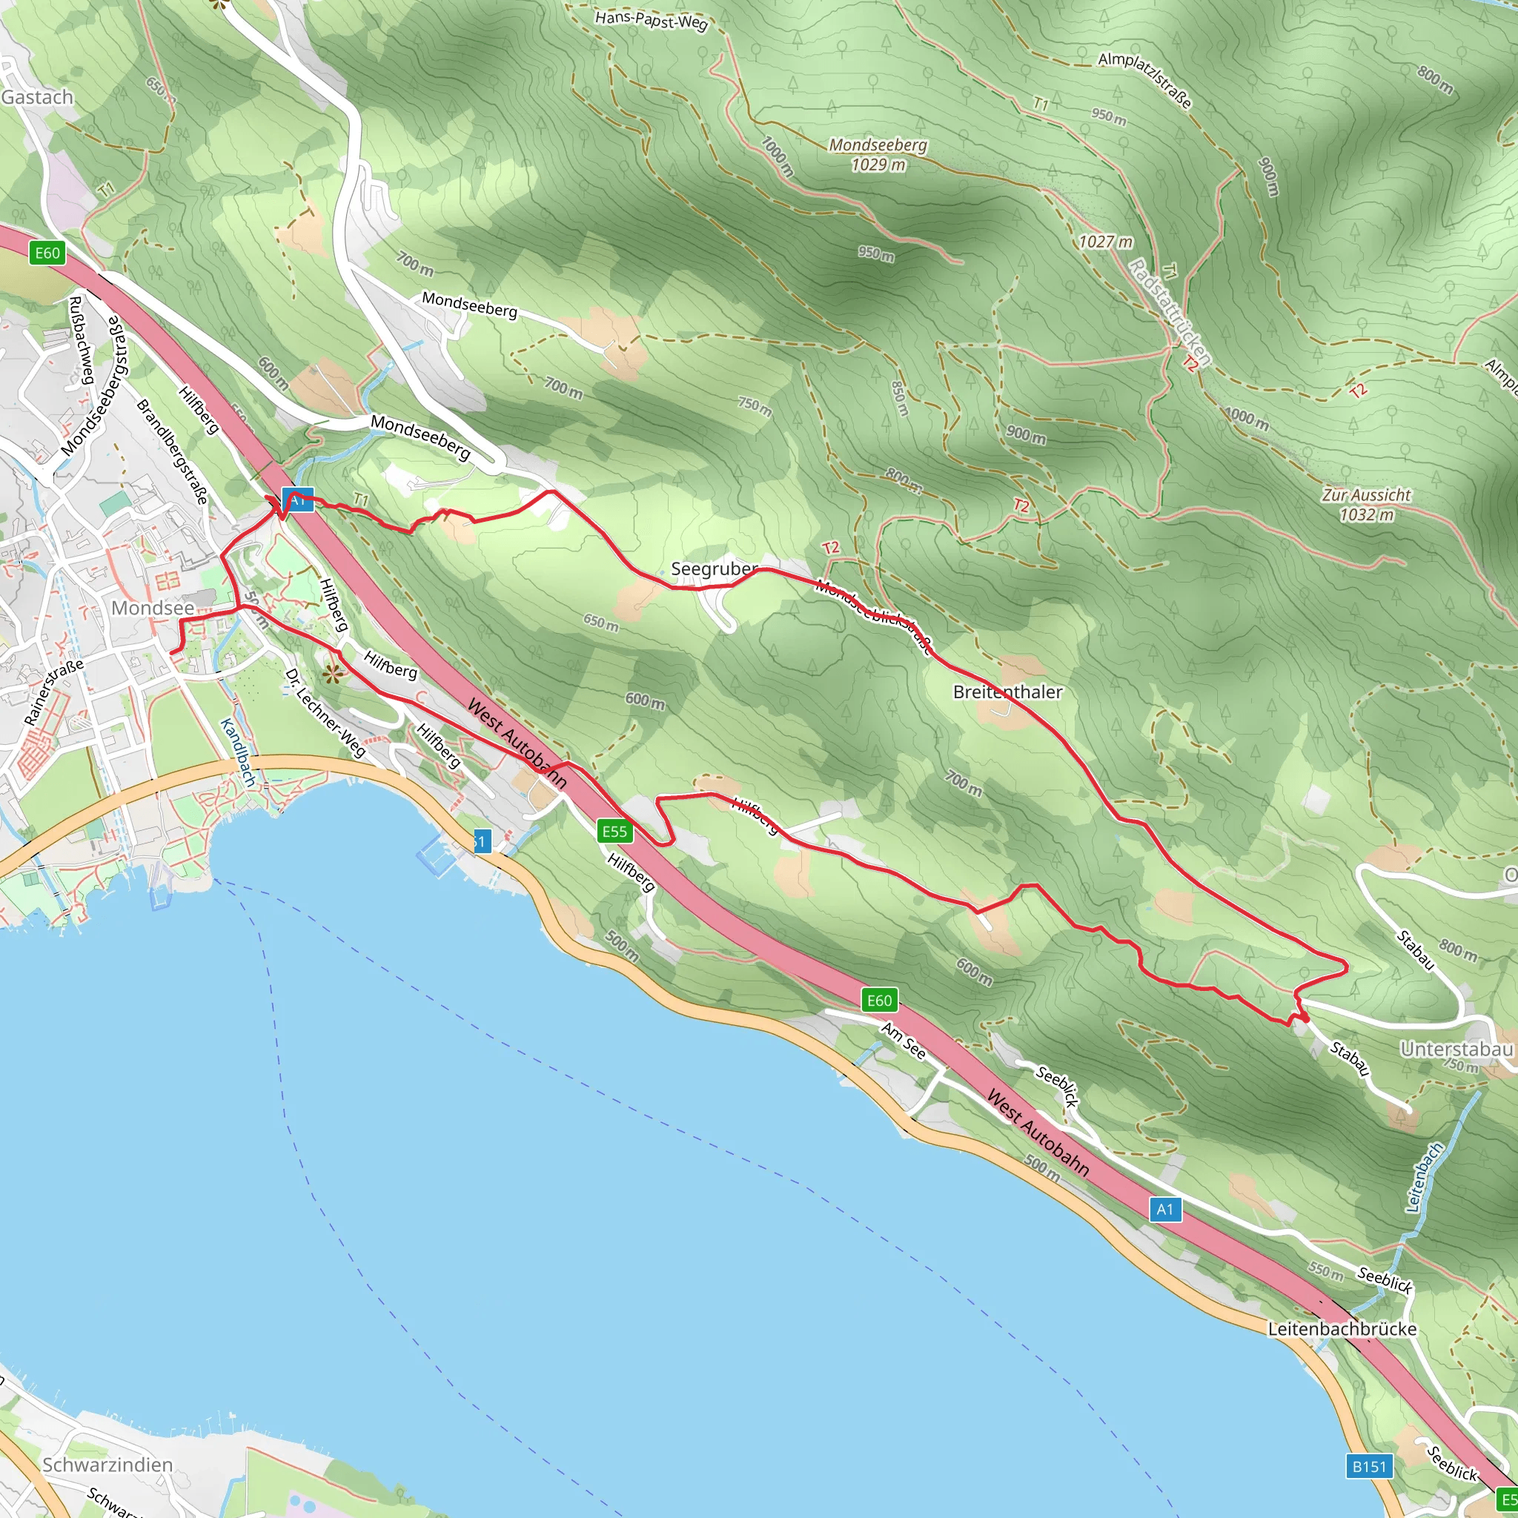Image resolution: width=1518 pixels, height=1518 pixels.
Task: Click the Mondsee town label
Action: coord(153,608)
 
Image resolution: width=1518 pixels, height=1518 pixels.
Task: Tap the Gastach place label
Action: coord(37,97)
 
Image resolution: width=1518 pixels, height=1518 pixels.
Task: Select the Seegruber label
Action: coord(715,569)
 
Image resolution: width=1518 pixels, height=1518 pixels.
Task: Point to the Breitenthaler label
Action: coord(1007,692)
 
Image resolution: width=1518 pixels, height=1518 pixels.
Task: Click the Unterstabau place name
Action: coord(1456,1050)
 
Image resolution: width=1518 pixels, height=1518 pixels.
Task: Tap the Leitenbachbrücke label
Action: coord(1342,1329)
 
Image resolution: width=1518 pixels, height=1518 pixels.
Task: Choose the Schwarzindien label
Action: coord(107,1465)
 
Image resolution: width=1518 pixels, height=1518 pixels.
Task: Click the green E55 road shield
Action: coord(614,832)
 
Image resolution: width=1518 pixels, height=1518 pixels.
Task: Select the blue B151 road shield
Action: coord(1370,1466)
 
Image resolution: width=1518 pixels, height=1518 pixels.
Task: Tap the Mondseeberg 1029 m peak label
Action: coord(878,155)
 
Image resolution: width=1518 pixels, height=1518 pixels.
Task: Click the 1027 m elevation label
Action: coord(1105,242)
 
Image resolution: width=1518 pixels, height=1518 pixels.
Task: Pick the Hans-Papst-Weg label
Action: coord(652,20)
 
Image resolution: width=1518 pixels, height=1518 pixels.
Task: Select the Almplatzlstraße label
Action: coord(1144,80)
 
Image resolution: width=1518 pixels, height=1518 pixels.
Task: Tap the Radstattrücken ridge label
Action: coord(1169,313)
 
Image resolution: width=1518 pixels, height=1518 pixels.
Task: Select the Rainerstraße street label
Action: coord(53,692)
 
